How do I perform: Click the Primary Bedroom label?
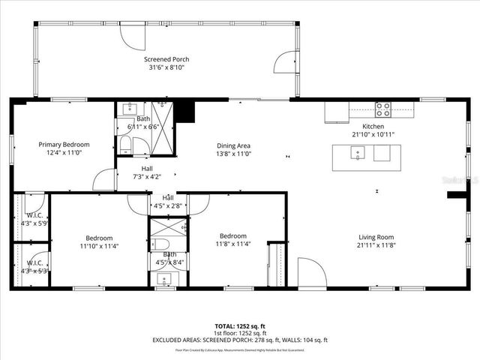64,145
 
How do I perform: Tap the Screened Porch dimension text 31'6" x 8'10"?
166,67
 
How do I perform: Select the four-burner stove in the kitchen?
382,109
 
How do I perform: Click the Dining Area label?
233,145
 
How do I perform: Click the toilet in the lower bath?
160,244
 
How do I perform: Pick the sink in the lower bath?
164,280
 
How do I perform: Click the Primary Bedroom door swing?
103,180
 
